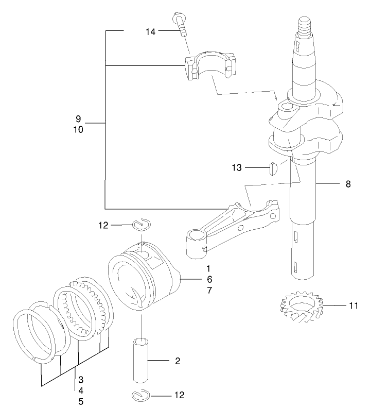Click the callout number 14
(x=150, y=31)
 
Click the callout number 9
(x=78, y=118)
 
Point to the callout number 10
(x=78, y=130)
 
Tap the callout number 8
(x=348, y=183)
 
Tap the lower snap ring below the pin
(x=140, y=395)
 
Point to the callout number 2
(x=178, y=361)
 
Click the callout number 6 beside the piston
(x=208, y=279)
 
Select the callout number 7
(x=208, y=290)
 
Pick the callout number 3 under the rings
(x=81, y=380)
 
